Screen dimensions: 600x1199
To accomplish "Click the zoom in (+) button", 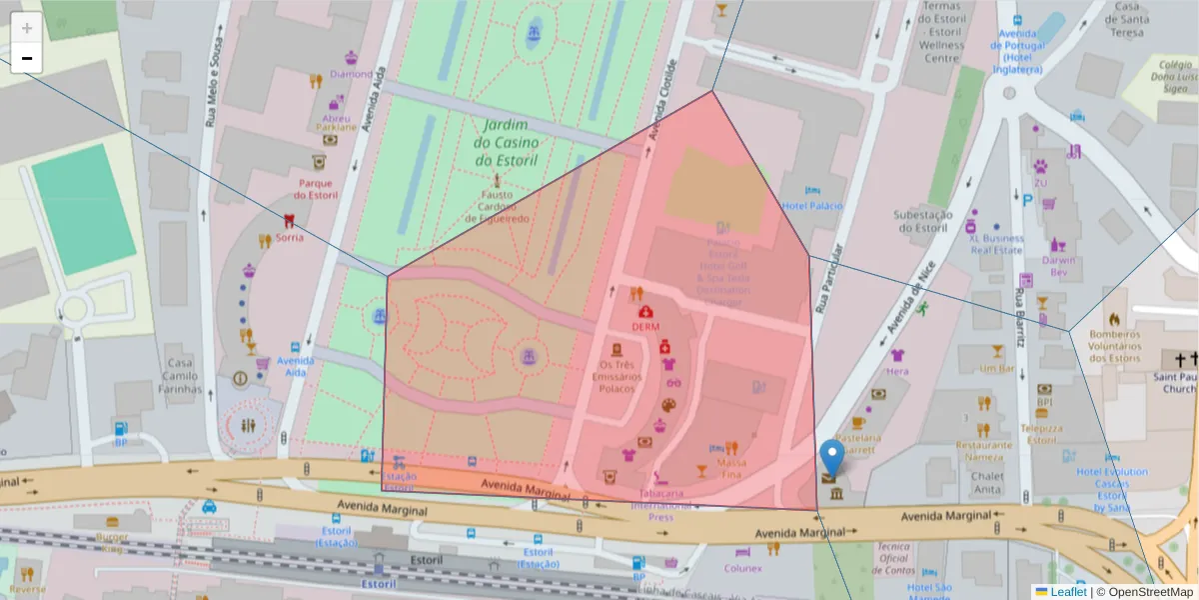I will click(27, 28).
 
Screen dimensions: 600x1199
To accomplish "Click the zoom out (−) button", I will click(27, 58).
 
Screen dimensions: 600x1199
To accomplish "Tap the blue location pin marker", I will click(831, 458).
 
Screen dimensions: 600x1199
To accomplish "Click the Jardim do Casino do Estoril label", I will click(506, 142).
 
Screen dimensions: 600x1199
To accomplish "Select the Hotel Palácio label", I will click(811, 206).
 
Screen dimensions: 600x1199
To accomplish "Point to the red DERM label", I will click(645, 326).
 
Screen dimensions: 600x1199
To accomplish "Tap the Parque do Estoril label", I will click(315, 188).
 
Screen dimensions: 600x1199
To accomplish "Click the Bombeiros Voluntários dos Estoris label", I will click(1114, 346).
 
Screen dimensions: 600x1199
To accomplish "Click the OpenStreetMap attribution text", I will click(1144, 592).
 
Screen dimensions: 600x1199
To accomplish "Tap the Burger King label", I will click(112, 543).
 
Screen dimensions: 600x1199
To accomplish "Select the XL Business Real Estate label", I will click(995, 245).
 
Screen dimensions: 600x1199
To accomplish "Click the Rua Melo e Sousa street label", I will click(211, 90).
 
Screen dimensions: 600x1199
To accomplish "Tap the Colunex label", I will click(743, 568).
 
